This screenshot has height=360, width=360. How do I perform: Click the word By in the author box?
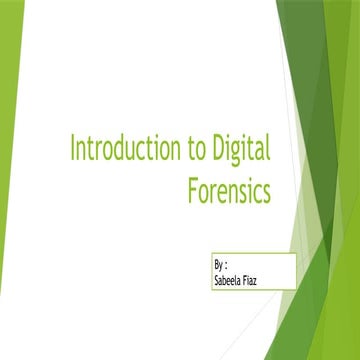coord(220,267)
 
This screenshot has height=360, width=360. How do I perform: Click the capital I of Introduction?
coord(72,151)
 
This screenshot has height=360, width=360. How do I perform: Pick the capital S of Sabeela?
coord(217,280)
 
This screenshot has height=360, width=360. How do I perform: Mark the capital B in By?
coord(217,267)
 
